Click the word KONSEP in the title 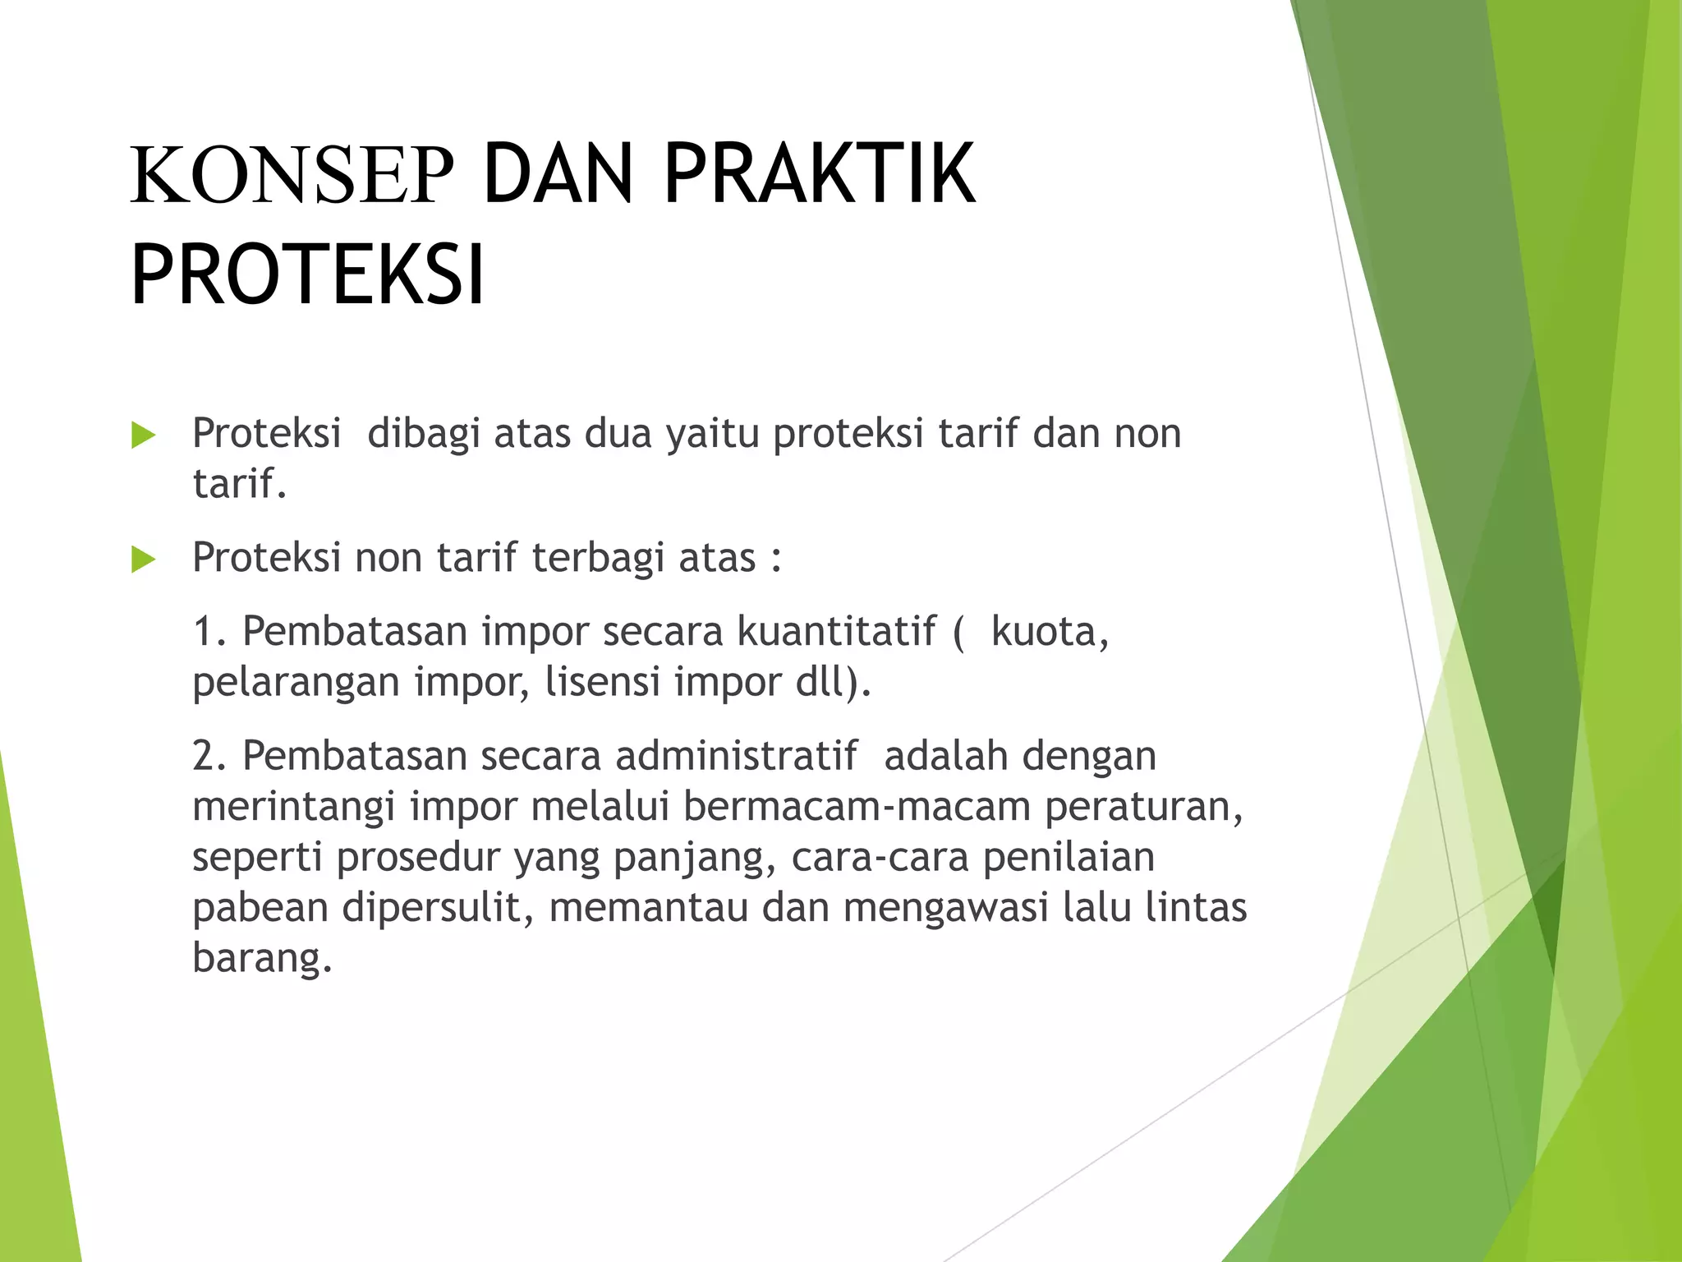[x=292, y=175]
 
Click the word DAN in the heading [x=558, y=175]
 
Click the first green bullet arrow [x=143, y=435]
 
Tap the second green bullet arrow [x=143, y=560]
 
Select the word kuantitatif [x=836, y=632]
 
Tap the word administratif [x=736, y=756]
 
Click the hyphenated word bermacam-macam [x=856, y=807]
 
